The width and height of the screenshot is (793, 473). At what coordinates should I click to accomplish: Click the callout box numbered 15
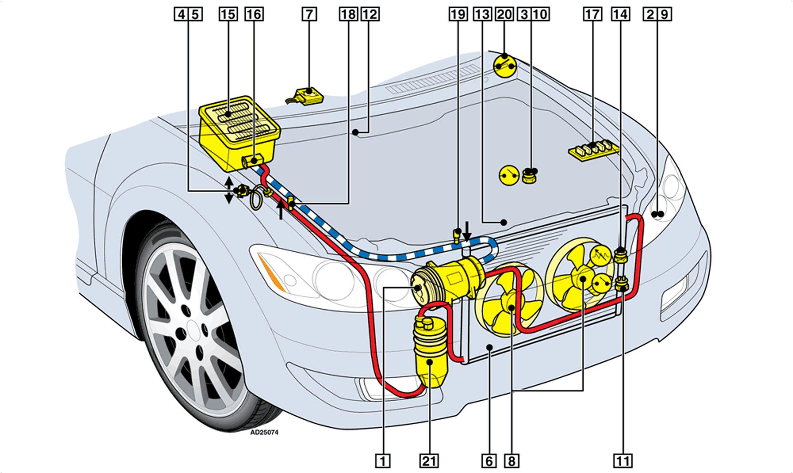pos(228,14)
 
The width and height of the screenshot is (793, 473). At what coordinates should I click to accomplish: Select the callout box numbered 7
pos(309,14)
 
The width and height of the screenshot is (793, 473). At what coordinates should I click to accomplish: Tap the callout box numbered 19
pos(458,14)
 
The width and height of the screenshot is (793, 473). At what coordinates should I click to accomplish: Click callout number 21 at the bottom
pos(430,460)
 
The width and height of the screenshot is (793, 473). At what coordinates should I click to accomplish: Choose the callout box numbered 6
pos(489,460)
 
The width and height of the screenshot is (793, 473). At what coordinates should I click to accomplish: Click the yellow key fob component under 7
pos(308,96)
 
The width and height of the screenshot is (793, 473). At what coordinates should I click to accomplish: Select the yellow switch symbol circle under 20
pos(506,65)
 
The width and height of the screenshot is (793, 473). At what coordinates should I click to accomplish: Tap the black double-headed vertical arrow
pos(228,191)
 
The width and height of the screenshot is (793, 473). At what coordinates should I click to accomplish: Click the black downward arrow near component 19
pos(467,232)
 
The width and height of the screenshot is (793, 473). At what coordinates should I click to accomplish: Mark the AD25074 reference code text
pos(264,433)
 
